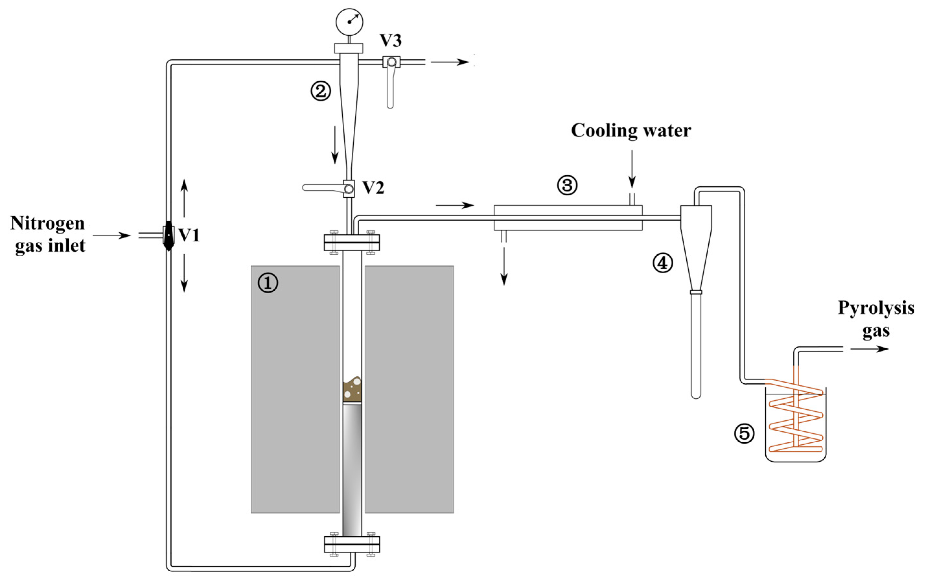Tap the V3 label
pos(390,41)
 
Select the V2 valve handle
pos(323,188)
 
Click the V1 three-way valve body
pos(168,235)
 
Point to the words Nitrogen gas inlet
pos(48,234)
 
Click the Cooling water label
pos(631,131)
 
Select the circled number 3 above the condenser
pos(567,186)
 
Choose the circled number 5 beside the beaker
pos(744,434)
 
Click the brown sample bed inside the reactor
pos(352,390)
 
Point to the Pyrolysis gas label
pos(876,319)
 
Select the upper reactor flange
pos(352,243)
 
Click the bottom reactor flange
pos(352,544)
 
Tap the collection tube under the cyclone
pos(696,346)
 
